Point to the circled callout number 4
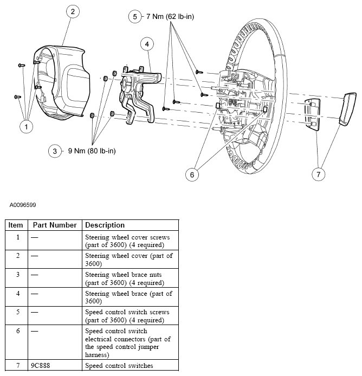tap(146, 44)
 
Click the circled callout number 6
tap(191, 174)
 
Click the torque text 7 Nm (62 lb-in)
tap(170, 17)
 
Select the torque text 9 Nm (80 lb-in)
tap(92, 151)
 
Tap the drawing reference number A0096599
tap(23, 205)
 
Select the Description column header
tap(105, 225)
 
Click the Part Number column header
tap(54, 225)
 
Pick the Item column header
tap(16, 225)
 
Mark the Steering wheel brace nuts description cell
tap(124, 278)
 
